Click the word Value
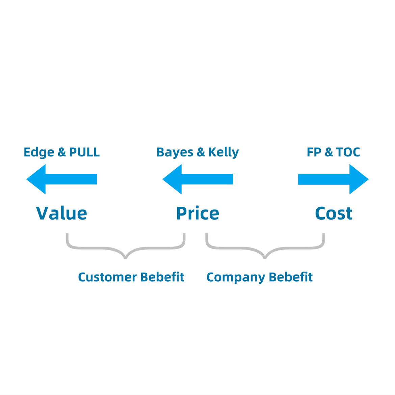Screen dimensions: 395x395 point(61,213)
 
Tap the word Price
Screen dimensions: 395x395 point(197,213)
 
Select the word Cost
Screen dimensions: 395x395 point(334,213)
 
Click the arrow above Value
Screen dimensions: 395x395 point(61,179)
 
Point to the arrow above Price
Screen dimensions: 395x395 point(197,179)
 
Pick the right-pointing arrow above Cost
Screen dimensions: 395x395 point(333,179)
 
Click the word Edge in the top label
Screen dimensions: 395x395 point(39,152)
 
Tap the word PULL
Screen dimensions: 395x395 point(84,152)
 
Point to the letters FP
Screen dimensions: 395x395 point(314,152)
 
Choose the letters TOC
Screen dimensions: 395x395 point(348,152)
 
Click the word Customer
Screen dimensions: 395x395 point(107,277)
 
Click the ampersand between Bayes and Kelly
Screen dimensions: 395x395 point(201,152)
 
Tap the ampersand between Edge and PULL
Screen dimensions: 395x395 point(62,152)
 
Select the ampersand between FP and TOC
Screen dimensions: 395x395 point(328,152)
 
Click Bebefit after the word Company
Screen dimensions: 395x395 point(291,277)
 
